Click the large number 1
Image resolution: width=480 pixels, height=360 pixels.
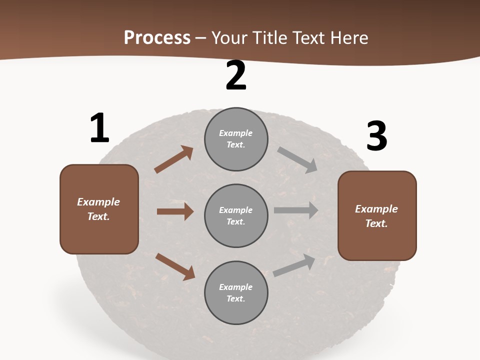pos(99,128)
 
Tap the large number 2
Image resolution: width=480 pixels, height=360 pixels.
pos(236,75)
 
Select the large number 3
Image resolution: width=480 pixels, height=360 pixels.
pos(376,136)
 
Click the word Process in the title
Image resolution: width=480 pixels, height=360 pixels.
pos(157,37)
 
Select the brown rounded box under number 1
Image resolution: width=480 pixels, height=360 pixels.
pos(99,209)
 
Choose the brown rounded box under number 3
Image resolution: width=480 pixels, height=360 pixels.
pos(377,215)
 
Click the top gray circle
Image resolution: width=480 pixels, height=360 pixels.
pos(236,139)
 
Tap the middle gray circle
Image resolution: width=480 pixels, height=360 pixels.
pos(236,215)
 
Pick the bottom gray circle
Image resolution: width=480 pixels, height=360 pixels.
pos(236,292)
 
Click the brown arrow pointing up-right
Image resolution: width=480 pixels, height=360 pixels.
pos(174,159)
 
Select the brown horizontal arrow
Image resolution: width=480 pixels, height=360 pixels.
pos(175,211)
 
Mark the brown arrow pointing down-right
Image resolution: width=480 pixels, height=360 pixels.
pos(175,266)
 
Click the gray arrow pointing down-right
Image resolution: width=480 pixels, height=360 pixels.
pos(297,159)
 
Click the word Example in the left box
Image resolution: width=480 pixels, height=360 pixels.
pos(98,202)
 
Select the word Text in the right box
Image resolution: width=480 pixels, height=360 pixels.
pos(376,223)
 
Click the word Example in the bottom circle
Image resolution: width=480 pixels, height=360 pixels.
pos(236,287)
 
